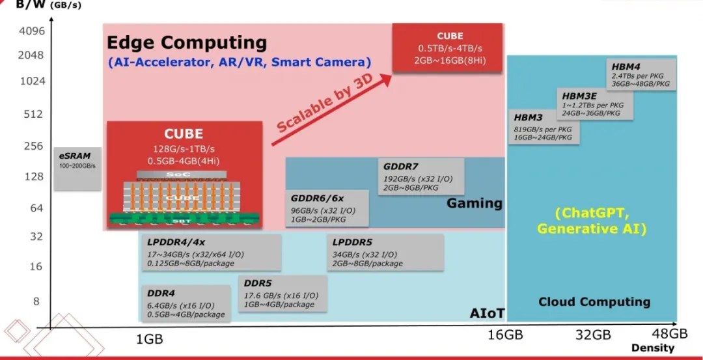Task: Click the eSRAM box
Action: click(77, 169)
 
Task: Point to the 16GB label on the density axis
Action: click(504, 335)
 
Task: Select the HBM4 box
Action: click(642, 74)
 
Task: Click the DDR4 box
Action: click(185, 303)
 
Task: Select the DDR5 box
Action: click(282, 294)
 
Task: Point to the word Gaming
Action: click(474, 204)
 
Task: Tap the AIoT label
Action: click(487, 313)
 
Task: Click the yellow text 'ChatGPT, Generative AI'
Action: click(591, 221)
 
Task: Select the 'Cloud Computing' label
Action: click(594, 301)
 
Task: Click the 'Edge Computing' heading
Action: click(186, 43)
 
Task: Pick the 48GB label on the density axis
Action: click(669, 334)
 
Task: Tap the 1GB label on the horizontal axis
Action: click(149, 339)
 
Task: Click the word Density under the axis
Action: click(652, 348)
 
